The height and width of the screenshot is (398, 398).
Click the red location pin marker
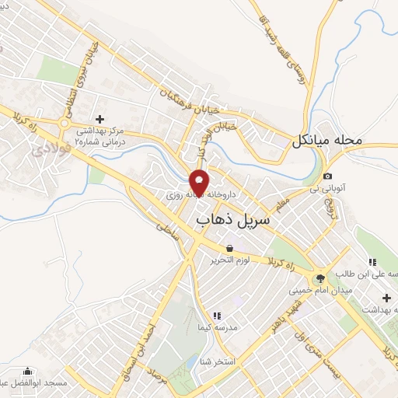tap(200, 182)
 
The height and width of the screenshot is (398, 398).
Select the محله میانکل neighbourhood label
tap(328, 141)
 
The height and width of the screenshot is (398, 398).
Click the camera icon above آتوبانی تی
tap(328, 176)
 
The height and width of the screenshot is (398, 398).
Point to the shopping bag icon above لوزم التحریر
tap(230, 249)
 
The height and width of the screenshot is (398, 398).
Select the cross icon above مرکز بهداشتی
tap(99, 119)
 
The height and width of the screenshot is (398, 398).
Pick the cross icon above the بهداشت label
tap(386, 298)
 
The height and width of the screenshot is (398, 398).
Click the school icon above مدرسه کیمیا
tap(217, 316)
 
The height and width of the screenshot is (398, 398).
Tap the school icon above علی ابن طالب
tap(372, 262)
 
